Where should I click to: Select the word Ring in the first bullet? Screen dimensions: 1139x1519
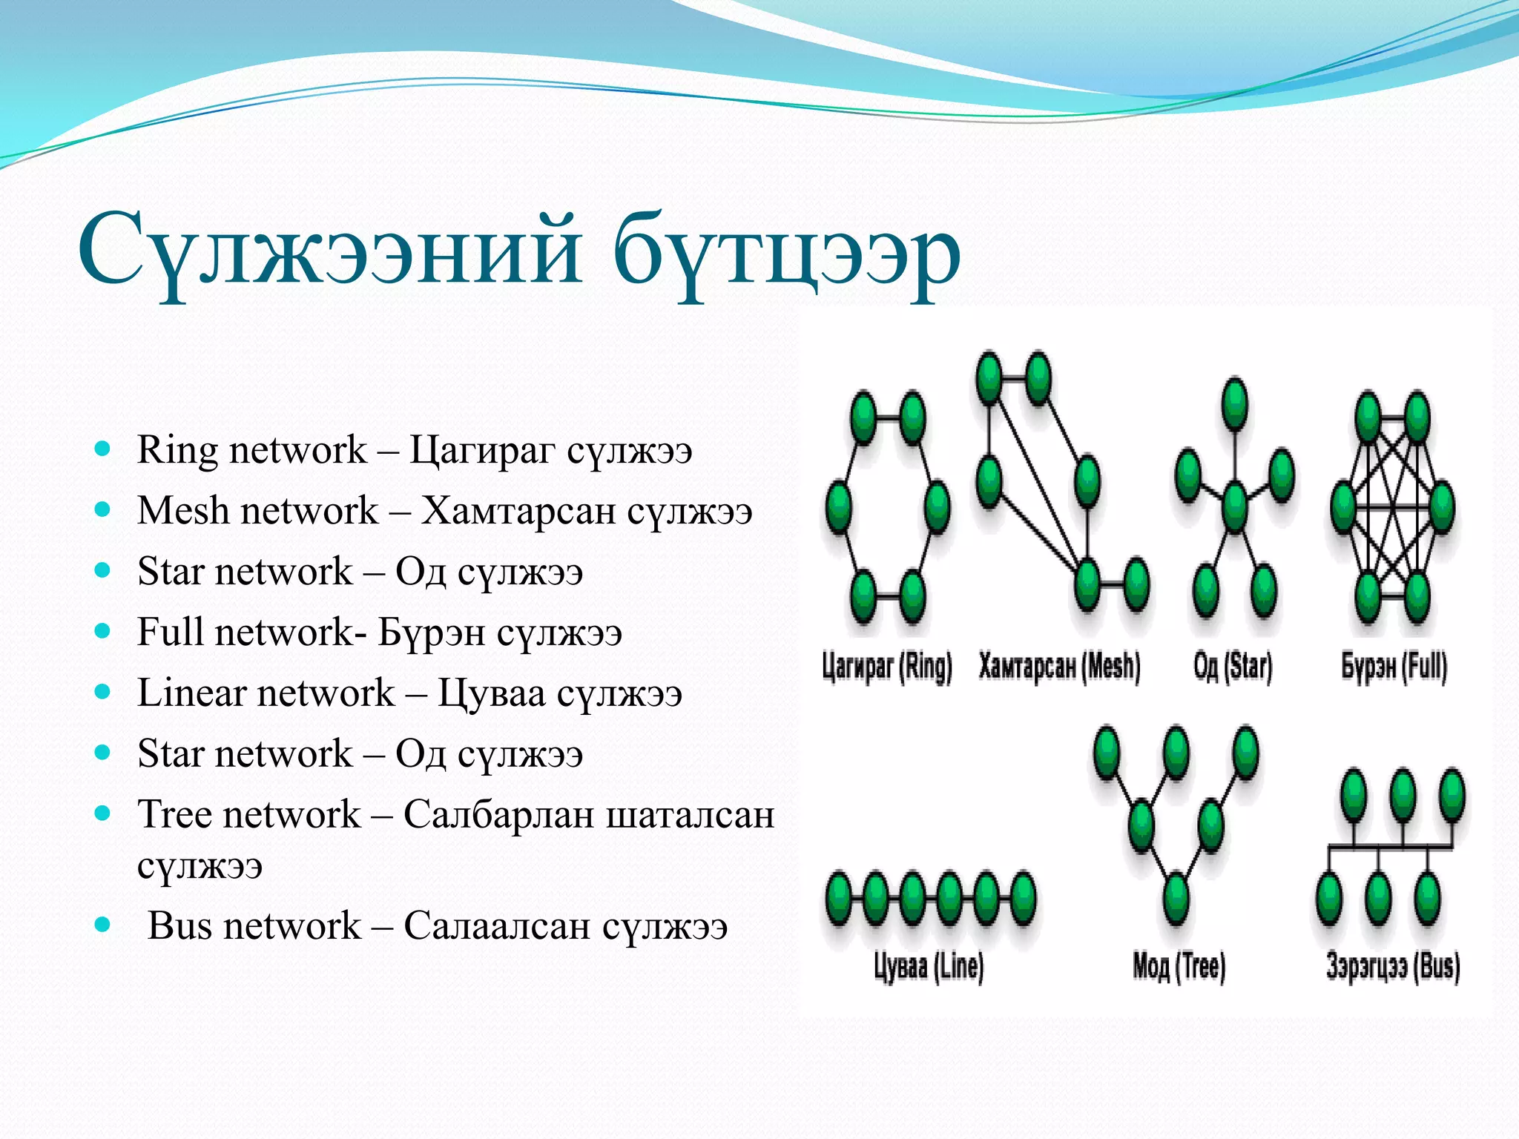click(177, 450)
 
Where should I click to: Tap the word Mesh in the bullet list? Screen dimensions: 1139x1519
click(182, 511)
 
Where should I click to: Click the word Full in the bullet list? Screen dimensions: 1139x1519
click(170, 633)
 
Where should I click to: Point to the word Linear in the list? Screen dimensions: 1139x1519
click(191, 693)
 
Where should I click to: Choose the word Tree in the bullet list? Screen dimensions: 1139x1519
click(174, 814)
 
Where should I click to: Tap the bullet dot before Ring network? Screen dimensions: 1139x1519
click(103, 449)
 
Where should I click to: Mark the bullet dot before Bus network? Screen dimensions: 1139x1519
click(103, 925)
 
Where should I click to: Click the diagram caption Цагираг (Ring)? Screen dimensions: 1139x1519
click(886, 666)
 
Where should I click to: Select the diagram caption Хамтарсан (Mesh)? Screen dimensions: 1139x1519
click(1059, 666)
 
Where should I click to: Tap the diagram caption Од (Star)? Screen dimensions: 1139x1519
click(1233, 666)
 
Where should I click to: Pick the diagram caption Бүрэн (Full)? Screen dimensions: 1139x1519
click(1394, 666)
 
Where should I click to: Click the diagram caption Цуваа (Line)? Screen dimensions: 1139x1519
click(929, 966)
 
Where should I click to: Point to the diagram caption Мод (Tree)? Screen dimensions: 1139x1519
click(1179, 966)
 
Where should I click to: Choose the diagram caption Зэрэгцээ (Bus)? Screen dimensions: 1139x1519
click(1393, 966)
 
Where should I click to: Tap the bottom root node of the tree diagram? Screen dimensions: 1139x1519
click(1176, 899)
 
